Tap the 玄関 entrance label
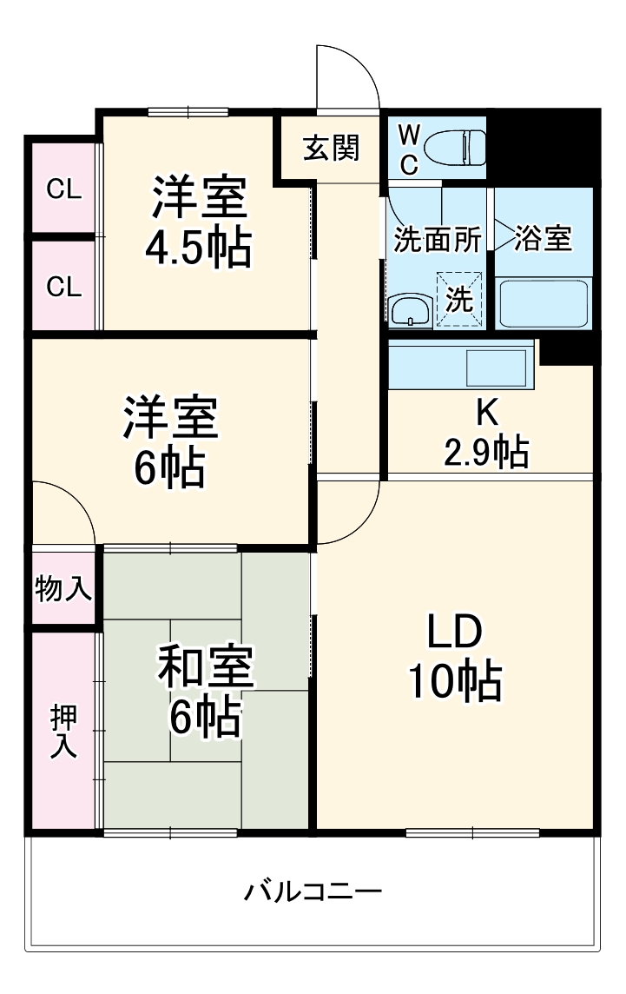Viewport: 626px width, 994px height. pos(331,149)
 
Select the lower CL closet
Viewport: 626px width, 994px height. pos(63,286)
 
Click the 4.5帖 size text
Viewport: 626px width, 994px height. pos(197,248)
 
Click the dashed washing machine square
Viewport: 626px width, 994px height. pos(458,300)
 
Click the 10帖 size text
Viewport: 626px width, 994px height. pos(455,683)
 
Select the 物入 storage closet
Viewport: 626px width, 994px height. pos(63,590)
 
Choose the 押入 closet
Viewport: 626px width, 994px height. pos(63,730)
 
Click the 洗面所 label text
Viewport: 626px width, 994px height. pos(438,241)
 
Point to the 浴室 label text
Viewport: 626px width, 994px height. pos(544,238)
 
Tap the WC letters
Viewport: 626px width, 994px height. pos(409,147)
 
